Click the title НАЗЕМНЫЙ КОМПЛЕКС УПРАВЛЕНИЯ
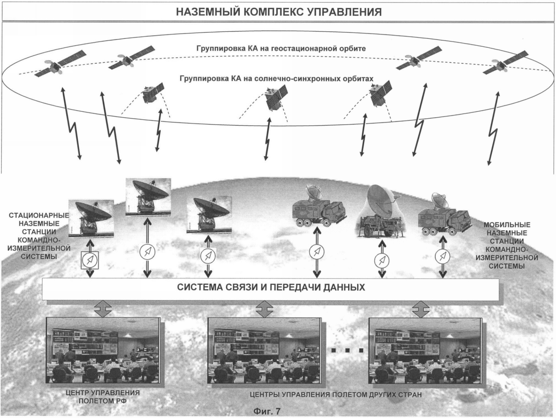[279, 12]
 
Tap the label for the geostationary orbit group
[281, 49]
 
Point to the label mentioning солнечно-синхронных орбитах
[276, 79]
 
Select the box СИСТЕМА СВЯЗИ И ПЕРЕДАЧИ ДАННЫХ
[271, 287]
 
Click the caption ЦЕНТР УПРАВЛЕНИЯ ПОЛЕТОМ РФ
[103, 397]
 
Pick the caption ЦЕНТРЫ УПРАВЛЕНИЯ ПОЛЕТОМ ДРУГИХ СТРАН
[336, 395]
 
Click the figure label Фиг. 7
[266, 411]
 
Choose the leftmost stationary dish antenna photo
[91, 218]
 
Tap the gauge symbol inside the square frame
[90, 260]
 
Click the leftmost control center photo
[103, 350]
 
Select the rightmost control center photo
[425, 350]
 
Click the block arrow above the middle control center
[264, 309]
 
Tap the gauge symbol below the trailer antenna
[381, 260]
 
